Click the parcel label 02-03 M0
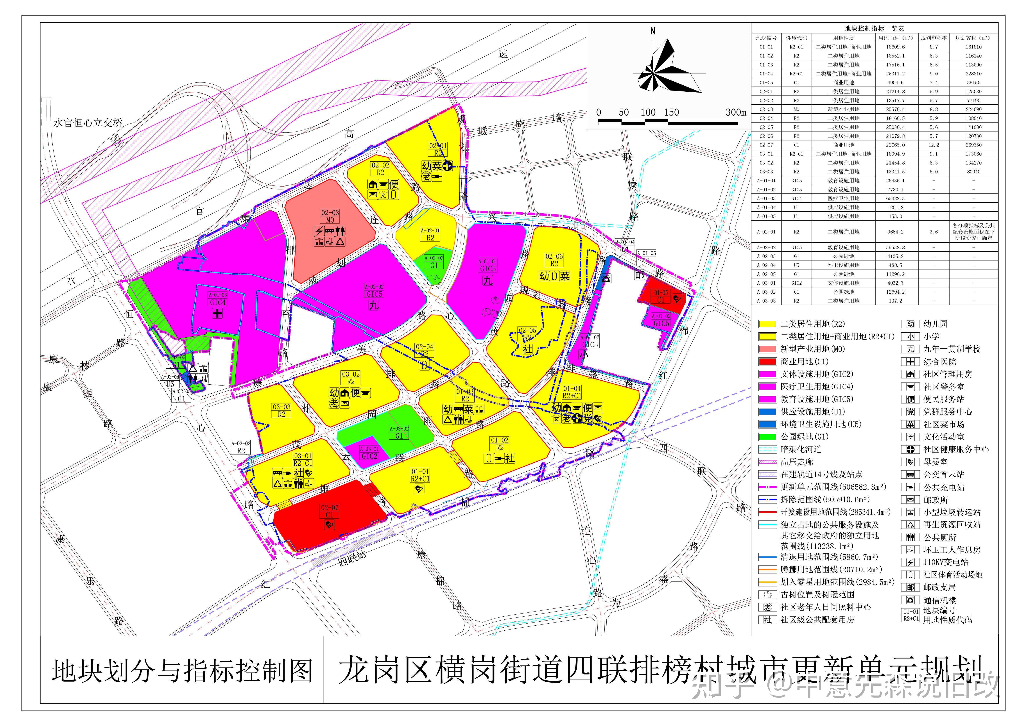pos(330,216)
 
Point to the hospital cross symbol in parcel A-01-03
pos(217,313)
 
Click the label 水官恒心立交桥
pos(88,123)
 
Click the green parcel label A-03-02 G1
pos(399,432)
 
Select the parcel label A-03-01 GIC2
pos(369,452)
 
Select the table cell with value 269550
pos(973,145)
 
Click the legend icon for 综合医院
pos(910,362)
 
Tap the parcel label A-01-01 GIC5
pos(488,265)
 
